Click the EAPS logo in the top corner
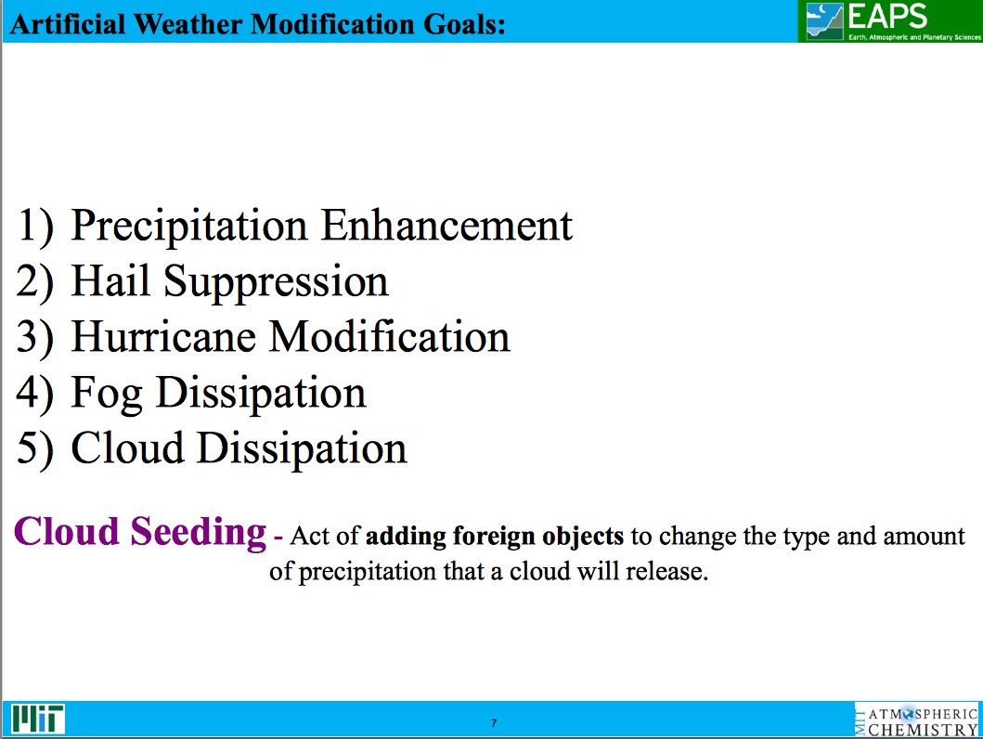[x=888, y=21]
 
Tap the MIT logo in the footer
[x=38, y=718]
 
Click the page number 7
[x=494, y=723]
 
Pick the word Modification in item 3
[x=390, y=337]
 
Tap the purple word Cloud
[x=67, y=532]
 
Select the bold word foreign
[x=498, y=537]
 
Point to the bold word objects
[x=588, y=538]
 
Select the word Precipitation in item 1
[x=188, y=227]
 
